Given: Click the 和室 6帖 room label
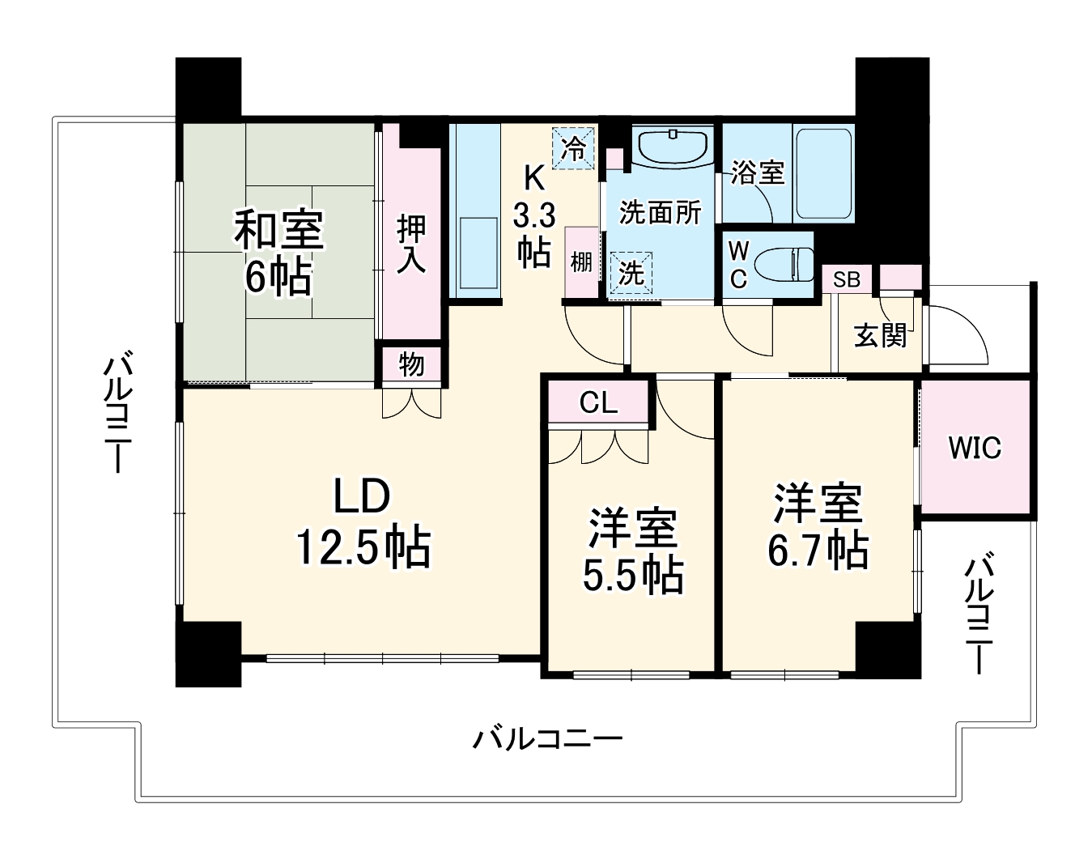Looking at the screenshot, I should pyautogui.click(x=278, y=253).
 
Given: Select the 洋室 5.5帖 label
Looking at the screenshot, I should pyautogui.click(x=632, y=551).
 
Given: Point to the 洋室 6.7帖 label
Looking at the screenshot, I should pyautogui.click(x=818, y=526).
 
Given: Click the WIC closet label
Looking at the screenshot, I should pyautogui.click(x=975, y=448).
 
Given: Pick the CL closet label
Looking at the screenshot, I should pyautogui.click(x=598, y=402).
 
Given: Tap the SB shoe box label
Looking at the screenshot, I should pyautogui.click(x=847, y=280).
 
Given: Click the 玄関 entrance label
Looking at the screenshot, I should pyautogui.click(x=881, y=334).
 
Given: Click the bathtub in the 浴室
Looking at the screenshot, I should pyautogui.click(x=823, y=173).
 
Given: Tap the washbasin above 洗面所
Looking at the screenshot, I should pyautogui.click(x=673, y=147).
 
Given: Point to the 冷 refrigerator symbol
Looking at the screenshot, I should pyautogui.click(x=574, y=148).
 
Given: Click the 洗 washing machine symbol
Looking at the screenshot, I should pyautogui.click(x=631, y=274).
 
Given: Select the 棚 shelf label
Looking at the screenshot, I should pyautogui.click(x=581, y=262).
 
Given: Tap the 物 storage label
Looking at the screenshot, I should pyautogui.click(x=411, y=365).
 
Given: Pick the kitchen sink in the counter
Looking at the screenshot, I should pyautogui.click(x=476, y=251).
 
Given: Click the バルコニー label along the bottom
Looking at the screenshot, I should pyautogui.click(x=547, y=738).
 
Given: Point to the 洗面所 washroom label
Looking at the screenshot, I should pyautogui.click(x=660, y=212).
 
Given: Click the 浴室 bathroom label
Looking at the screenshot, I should pyautogui.click(x=757, y=172).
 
